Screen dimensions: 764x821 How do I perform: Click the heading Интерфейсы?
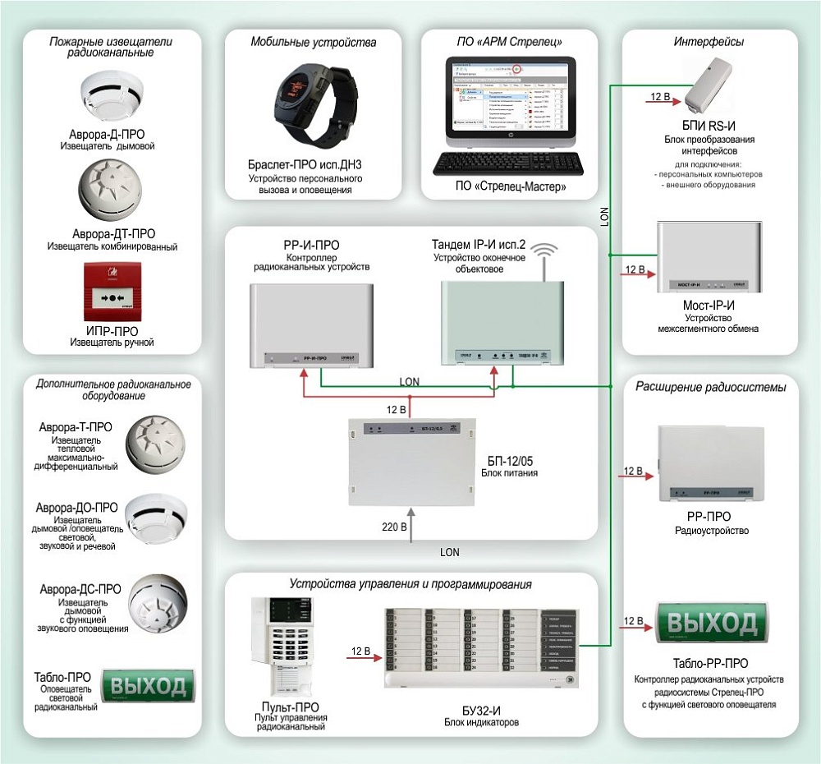click(709, 42)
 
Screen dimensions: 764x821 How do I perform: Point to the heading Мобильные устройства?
click(314, 42)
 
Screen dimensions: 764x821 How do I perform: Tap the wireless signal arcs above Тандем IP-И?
click(543, 252)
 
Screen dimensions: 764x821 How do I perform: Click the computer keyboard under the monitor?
click(509, 161)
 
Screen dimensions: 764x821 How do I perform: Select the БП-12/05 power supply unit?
click(402, 462)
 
